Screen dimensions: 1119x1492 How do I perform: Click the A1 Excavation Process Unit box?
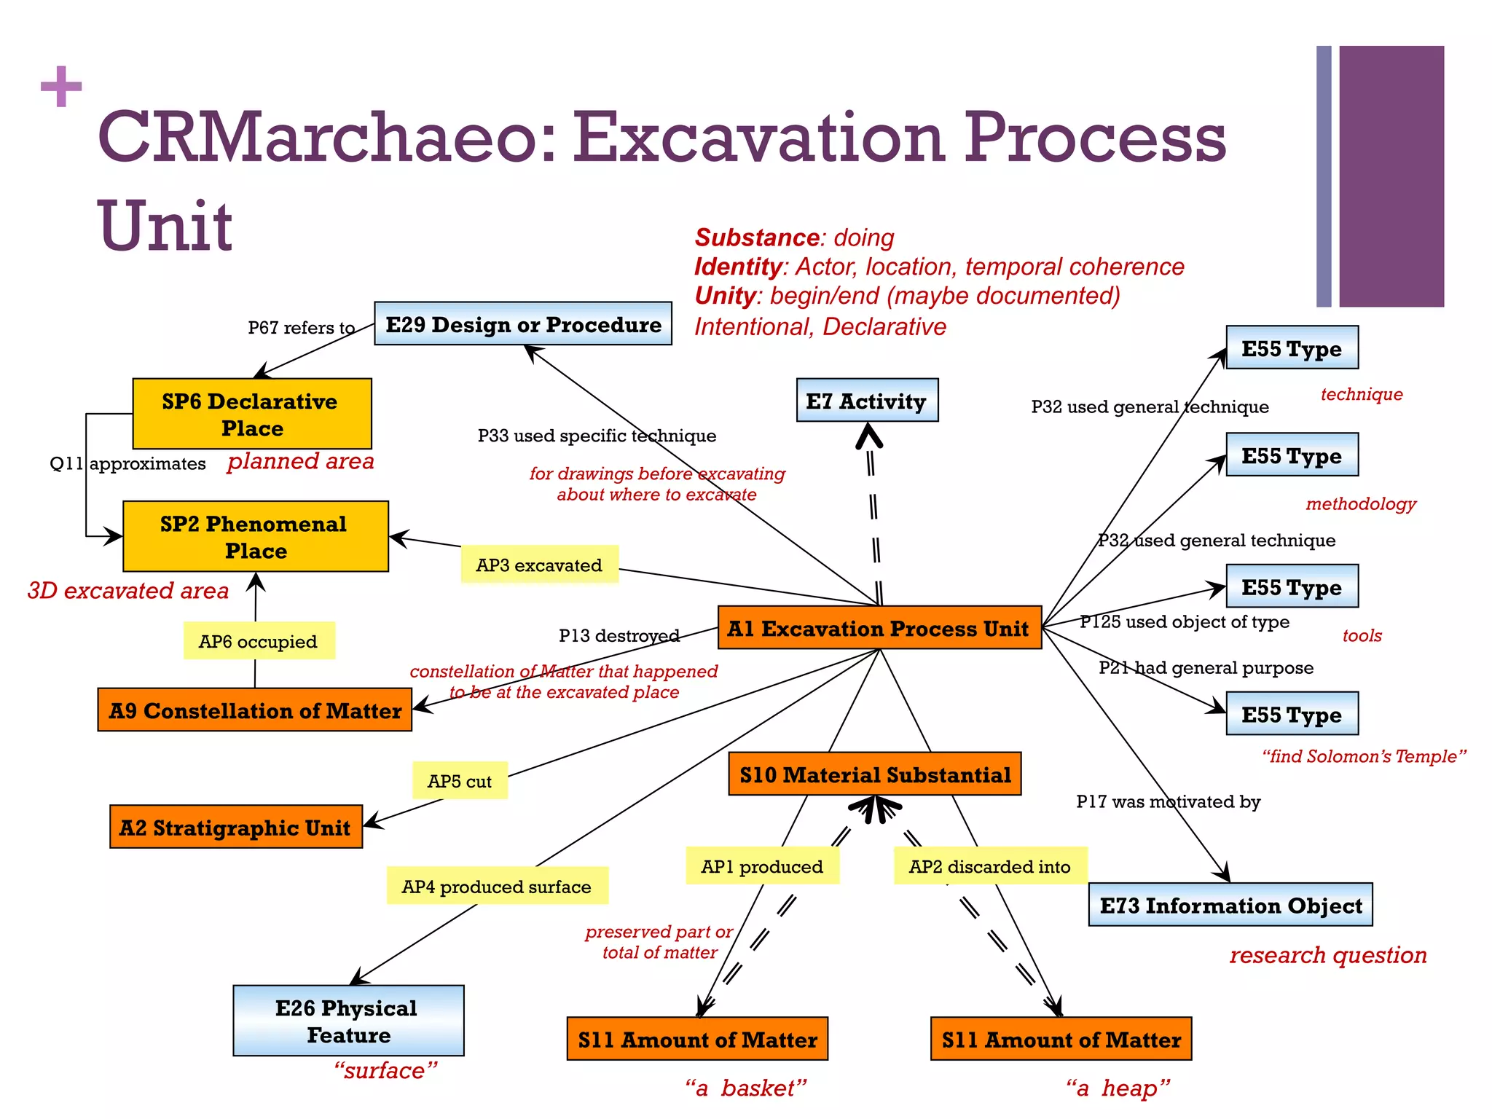[x=879, y=627]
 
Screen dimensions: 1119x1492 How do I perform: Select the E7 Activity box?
[x=867, y=400]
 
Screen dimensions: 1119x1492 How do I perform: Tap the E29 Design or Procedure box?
[x=523, y=323]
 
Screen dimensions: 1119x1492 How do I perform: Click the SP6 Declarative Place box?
[x=252, y=414]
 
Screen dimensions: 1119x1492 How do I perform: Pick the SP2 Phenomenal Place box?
[x=255, y=536]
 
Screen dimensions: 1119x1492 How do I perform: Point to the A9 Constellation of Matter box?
[x=254, y=710]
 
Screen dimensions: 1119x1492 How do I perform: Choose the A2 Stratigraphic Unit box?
[x=235, y=827]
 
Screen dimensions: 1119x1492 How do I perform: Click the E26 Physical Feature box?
[x=348, y=1021]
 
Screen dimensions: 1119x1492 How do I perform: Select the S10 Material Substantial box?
[x=875, y=774]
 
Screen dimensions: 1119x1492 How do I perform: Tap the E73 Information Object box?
[x=1230, y=905]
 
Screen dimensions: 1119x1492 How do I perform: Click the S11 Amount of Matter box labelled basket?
[x=697, y=1039]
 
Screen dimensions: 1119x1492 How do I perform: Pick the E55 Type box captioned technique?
[x=1292, y=348]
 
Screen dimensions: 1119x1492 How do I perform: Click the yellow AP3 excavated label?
[x=539, y=565]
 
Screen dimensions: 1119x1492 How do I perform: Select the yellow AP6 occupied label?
[x=259, y=641]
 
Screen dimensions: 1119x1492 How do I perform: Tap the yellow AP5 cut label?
[x=460, y=781]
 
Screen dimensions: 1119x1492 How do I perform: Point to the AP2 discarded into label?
[x=990, y=866]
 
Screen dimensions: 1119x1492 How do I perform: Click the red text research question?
[x=1327, y=954]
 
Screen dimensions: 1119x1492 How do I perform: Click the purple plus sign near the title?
[x=61, y=86]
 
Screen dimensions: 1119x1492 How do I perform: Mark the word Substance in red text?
[x=757, y=237]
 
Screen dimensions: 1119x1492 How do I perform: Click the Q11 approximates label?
[x=127, y=463]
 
